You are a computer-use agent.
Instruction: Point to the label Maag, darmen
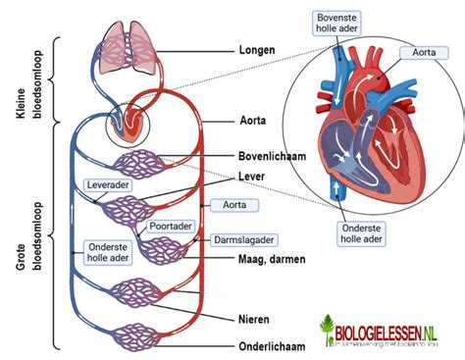point(272,259)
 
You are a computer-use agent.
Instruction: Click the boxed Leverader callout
point(107,183)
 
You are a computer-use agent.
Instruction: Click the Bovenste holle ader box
point(343,24)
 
